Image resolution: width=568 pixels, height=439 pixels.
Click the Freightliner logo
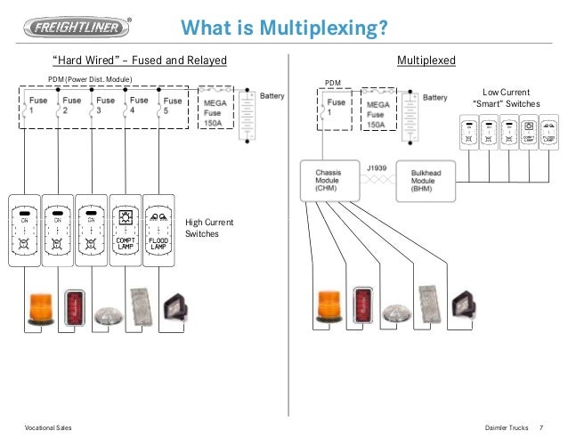tap(77, 26)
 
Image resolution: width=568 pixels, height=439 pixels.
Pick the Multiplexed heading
tap(426, 61)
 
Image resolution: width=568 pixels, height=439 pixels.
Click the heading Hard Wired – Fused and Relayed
tap(140, 61)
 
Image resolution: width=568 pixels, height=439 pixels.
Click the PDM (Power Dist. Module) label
tap(89, 80)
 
